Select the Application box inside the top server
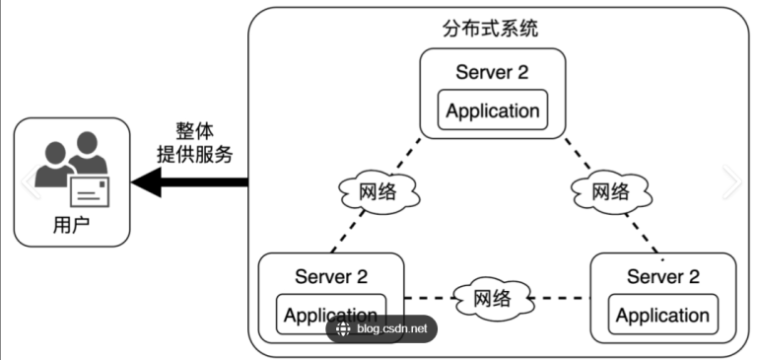492,110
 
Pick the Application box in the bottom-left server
330,315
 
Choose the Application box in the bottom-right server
662,316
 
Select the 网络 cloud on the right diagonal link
610,191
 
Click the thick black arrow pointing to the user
192,181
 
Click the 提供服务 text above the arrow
195,154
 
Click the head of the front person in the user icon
90,144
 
